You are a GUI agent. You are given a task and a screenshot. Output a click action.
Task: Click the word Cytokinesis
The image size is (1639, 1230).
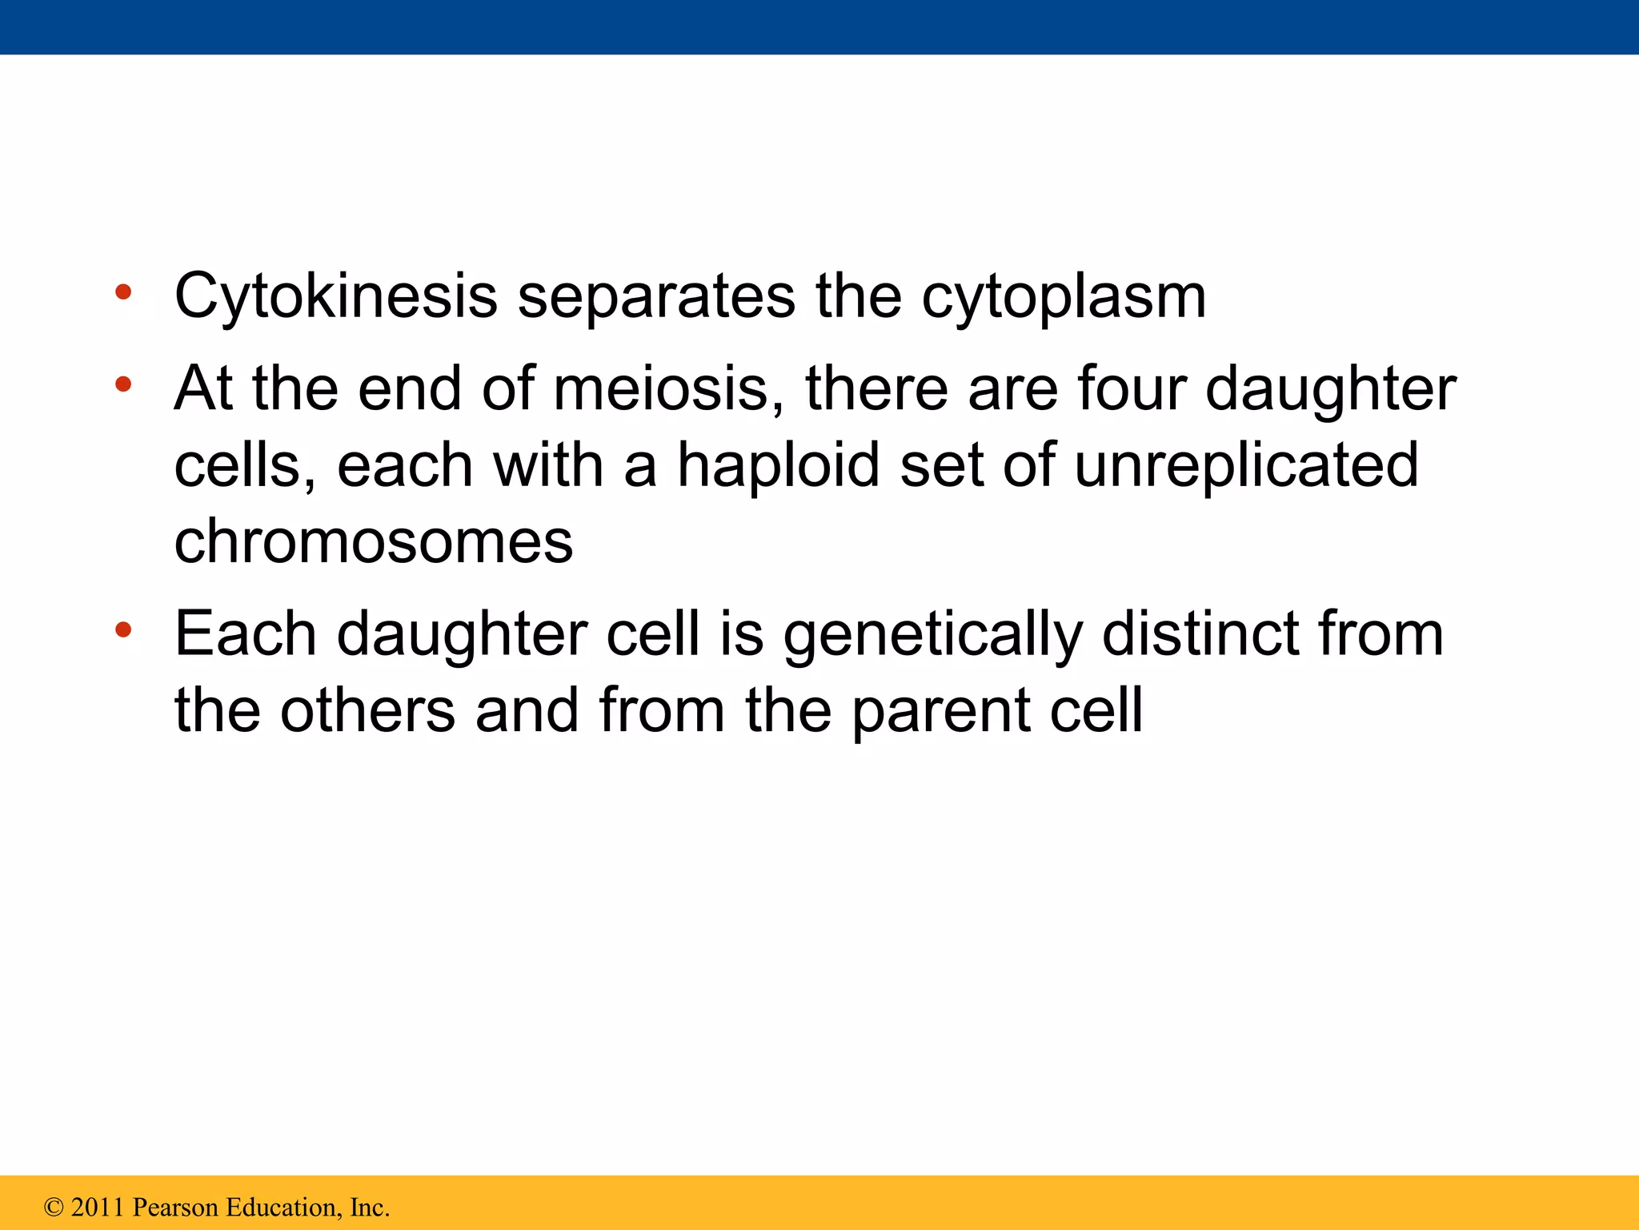point(336,297)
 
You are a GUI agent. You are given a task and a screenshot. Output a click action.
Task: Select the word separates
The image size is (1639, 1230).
point(656,297)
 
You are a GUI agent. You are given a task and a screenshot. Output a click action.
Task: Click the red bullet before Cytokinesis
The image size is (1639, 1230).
point(122,291)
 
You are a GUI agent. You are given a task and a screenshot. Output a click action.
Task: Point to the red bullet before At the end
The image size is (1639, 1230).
point(122,384)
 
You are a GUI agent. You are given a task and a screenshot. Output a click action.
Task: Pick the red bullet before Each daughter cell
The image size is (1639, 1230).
point(122,629)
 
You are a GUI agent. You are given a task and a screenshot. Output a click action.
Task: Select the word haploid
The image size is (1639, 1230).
point(778,465)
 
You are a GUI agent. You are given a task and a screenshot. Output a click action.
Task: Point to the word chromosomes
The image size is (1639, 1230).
point(374,541)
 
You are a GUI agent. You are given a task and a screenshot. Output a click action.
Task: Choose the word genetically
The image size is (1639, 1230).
point(932,634)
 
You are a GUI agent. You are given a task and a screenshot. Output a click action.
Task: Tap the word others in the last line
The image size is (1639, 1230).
point(367,710)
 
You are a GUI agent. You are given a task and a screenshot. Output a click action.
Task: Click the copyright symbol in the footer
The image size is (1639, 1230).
point(54,1207)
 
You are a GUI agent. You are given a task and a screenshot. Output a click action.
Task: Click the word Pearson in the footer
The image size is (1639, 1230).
point(175,1207)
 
